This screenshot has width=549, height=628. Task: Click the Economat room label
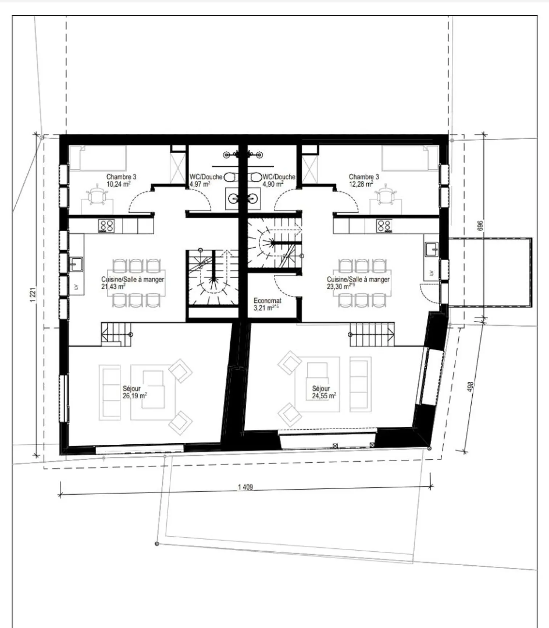coord(267,301)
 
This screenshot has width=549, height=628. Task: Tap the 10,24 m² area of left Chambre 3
coord(118,184)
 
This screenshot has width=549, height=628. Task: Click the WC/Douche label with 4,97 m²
coord(205,177)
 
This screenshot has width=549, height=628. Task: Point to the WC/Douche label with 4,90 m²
coord(279,177)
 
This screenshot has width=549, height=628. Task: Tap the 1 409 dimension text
coord(245,487)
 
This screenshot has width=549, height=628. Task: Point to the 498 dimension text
coord(470,386)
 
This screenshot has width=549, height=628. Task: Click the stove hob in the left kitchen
coord(106,226)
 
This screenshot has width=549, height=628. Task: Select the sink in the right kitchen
coord(432,249)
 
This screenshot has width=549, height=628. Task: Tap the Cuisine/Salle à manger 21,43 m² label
coord(132,283)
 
